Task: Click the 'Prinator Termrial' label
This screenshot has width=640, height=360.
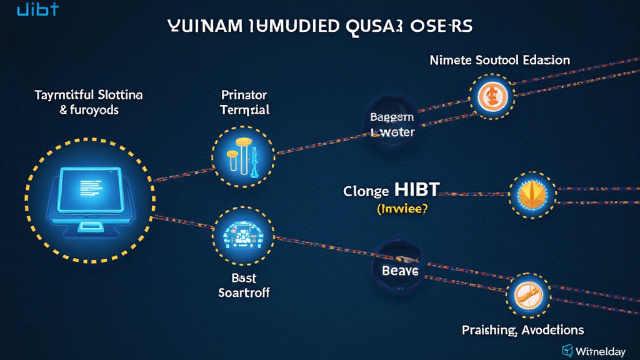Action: click(x=244, y=102)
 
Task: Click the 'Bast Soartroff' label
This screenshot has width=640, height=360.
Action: click(x=244, y=285)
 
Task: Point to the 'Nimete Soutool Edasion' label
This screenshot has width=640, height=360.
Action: click(x=499, y=61)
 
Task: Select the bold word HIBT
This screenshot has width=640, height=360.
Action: click(x=416, y=191)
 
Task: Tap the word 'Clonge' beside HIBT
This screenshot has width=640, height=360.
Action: click(x=367, y=192)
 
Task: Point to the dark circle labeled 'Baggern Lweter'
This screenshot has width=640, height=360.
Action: click(x=391, y=124)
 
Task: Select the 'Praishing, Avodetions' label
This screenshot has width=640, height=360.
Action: click(x=522, y=329)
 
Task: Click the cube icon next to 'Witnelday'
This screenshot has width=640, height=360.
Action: click(x=569, y=350)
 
